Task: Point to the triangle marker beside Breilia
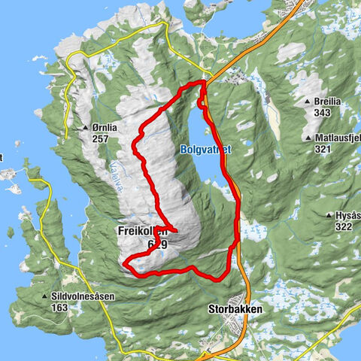click(309, 102)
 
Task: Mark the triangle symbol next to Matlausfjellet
click(309, 138)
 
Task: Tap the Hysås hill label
click(347, 216)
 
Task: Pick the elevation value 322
click(344, 226)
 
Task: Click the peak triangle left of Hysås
click(329, 216)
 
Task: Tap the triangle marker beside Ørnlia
click(86, 128)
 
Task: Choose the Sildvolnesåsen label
click(84, 296)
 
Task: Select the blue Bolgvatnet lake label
click(205, 150)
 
